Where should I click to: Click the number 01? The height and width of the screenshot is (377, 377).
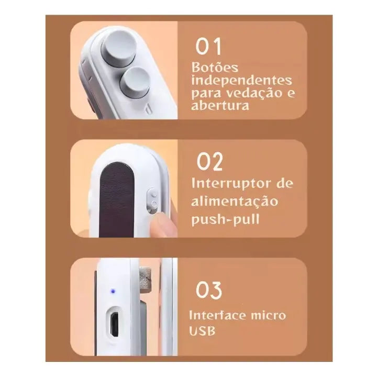click(x=208, y=47)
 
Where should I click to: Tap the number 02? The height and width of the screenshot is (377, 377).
click(x=209, y=161)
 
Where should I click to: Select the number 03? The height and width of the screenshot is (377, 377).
click(x=209, y=290)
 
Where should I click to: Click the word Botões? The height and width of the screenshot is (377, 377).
click(x=215, y=68)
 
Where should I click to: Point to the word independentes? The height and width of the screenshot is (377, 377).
click(x=241, y=80)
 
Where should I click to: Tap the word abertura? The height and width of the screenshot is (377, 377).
click(x=220, y=105)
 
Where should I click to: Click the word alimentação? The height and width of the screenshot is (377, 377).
click(x=235, y=201)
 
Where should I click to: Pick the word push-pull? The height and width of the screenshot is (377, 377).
click(x=225, y=219)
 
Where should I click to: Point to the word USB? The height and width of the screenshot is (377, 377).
click(x=202, y=331)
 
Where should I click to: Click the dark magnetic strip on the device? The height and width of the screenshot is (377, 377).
click(x=116, y=199)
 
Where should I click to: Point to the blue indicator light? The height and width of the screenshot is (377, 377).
click(x=113, y=292)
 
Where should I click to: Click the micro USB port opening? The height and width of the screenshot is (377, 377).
click(x=115, y=325)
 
